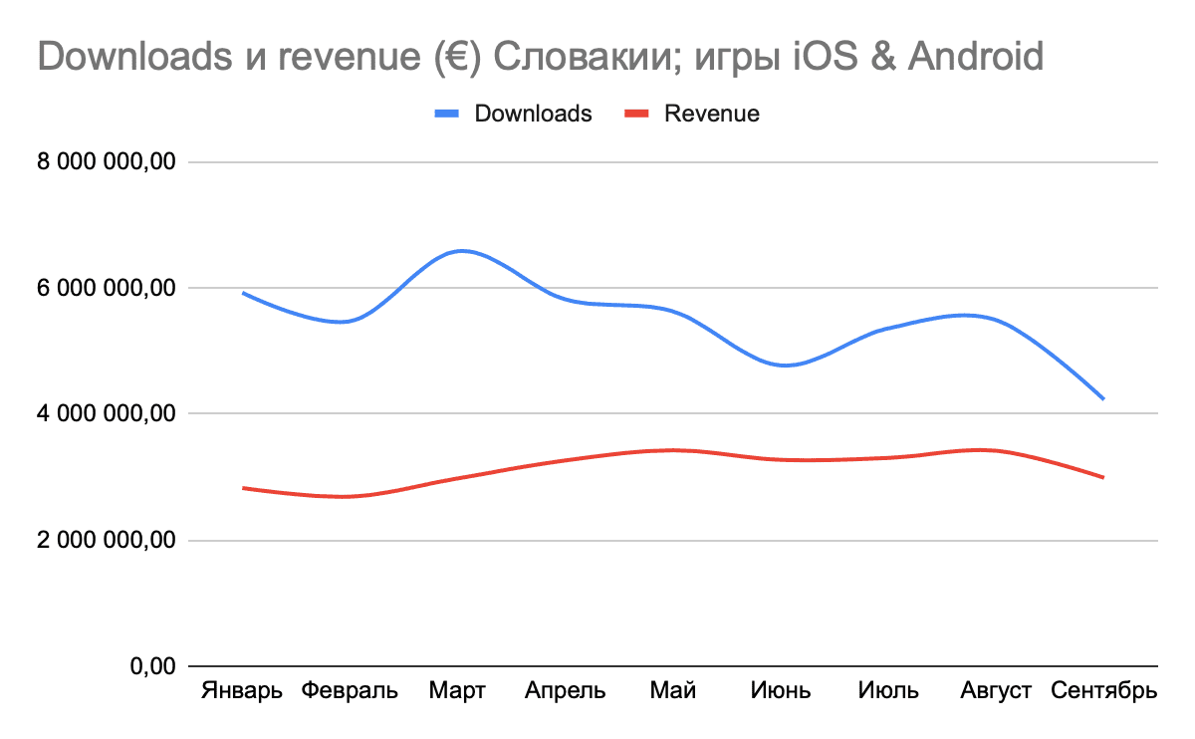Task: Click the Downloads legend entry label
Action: point(533,114)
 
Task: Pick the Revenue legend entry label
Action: point(711,114)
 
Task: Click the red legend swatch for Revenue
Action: point(637,114)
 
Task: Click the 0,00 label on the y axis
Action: point(153,665)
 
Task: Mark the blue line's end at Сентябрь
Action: point(1103,398)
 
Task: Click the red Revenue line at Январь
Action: point(244,488)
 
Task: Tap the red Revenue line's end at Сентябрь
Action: point(1103,477)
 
